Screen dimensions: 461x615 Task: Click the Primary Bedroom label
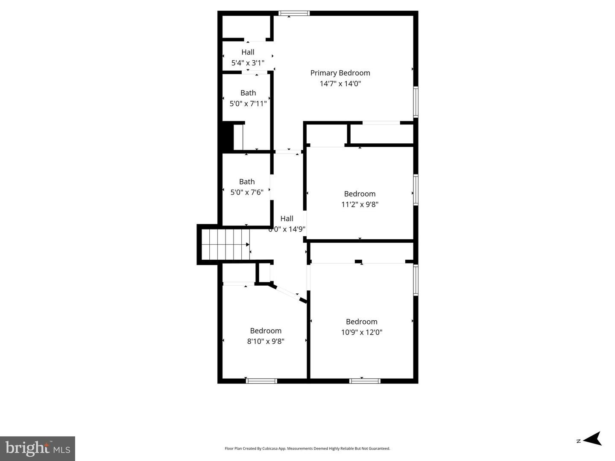[x=340, y=73]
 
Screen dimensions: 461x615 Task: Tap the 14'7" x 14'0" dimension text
[x=340, y=84]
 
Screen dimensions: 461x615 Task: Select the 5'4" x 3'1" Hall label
[x=248, y=52]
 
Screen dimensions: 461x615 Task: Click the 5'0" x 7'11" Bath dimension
[x=248, y=103]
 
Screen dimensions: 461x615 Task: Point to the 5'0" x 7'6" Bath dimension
[x=247, y=192]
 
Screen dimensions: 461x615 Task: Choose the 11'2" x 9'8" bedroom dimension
[x=360, y=204]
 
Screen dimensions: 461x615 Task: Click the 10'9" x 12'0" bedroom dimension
[x=361, y=332]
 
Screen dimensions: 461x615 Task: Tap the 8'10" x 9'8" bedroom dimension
[x=266, y=341]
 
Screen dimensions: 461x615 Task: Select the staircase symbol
[x=225, y=244]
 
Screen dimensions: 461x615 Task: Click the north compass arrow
[x=592, y=439]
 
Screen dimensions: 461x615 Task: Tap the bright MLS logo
[x=38, y=448]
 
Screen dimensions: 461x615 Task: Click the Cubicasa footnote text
[x=307, y=449]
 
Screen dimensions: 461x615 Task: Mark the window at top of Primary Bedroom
[x=294, y=13]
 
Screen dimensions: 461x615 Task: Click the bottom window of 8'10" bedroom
[x=262, y=381]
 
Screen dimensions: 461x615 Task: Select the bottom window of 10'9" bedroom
[x=365, y=381]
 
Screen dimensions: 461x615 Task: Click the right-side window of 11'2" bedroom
[x=416, y=190]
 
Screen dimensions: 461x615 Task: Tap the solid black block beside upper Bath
[x=226, y=136]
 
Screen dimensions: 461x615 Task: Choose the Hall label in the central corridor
[x=287, y=219]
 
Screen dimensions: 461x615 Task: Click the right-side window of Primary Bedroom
[x=416, y=102]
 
